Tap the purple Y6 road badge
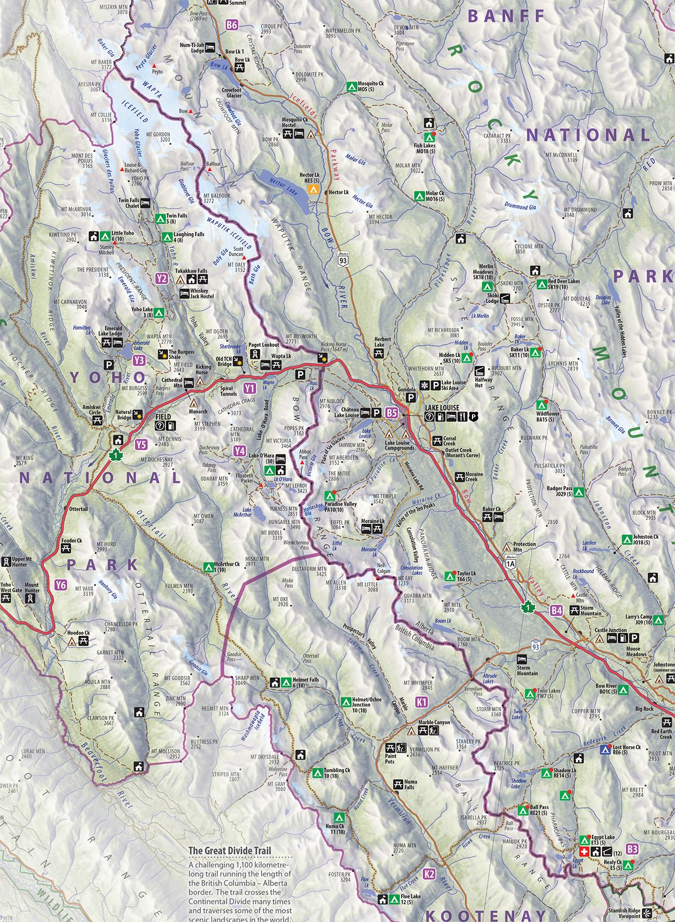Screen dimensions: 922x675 coord(61,586)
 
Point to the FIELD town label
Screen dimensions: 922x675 coord(164,417)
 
